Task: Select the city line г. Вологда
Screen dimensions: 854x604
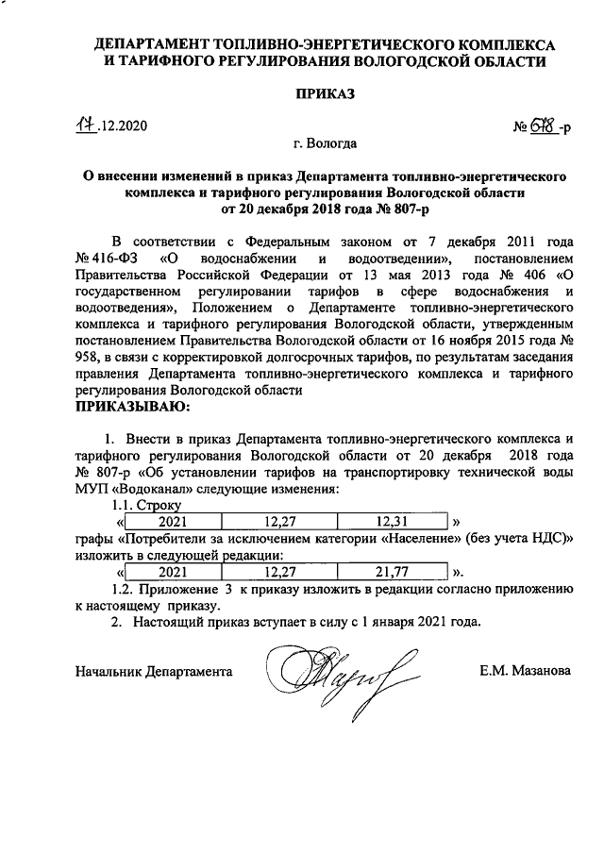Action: pyautogui.click(x=324, y=145)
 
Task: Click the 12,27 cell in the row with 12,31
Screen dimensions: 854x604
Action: pyautogui.click(x=279, y=520)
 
